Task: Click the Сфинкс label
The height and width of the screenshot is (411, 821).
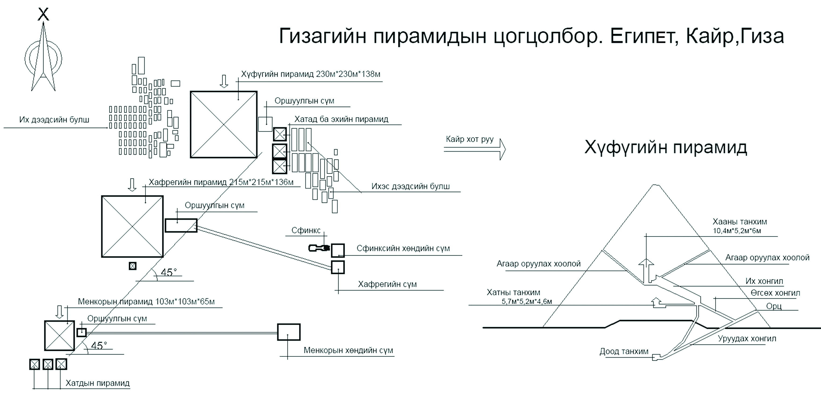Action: (306, 230)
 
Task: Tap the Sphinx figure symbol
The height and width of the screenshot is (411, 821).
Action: (319, 248)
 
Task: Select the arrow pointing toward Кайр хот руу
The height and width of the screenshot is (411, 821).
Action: (475, 149)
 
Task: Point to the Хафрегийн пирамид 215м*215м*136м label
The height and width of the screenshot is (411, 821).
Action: (221, 182)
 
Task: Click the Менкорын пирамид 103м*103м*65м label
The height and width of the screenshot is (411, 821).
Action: (146, 302)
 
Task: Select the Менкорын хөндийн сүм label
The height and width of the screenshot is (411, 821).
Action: (348, 350)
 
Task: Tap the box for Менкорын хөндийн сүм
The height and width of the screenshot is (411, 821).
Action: (288, 332)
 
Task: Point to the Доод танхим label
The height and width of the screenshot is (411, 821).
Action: (624, 351)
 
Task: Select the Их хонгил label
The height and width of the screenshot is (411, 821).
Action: (764, 281)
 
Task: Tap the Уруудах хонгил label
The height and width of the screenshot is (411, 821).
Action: (747, 339)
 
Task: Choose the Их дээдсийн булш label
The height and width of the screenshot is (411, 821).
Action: (54, 120)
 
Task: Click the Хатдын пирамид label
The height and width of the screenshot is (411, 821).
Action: (98, 383)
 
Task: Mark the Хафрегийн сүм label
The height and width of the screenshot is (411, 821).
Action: (387, 284)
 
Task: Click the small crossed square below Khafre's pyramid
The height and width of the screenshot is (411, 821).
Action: (133, 266)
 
